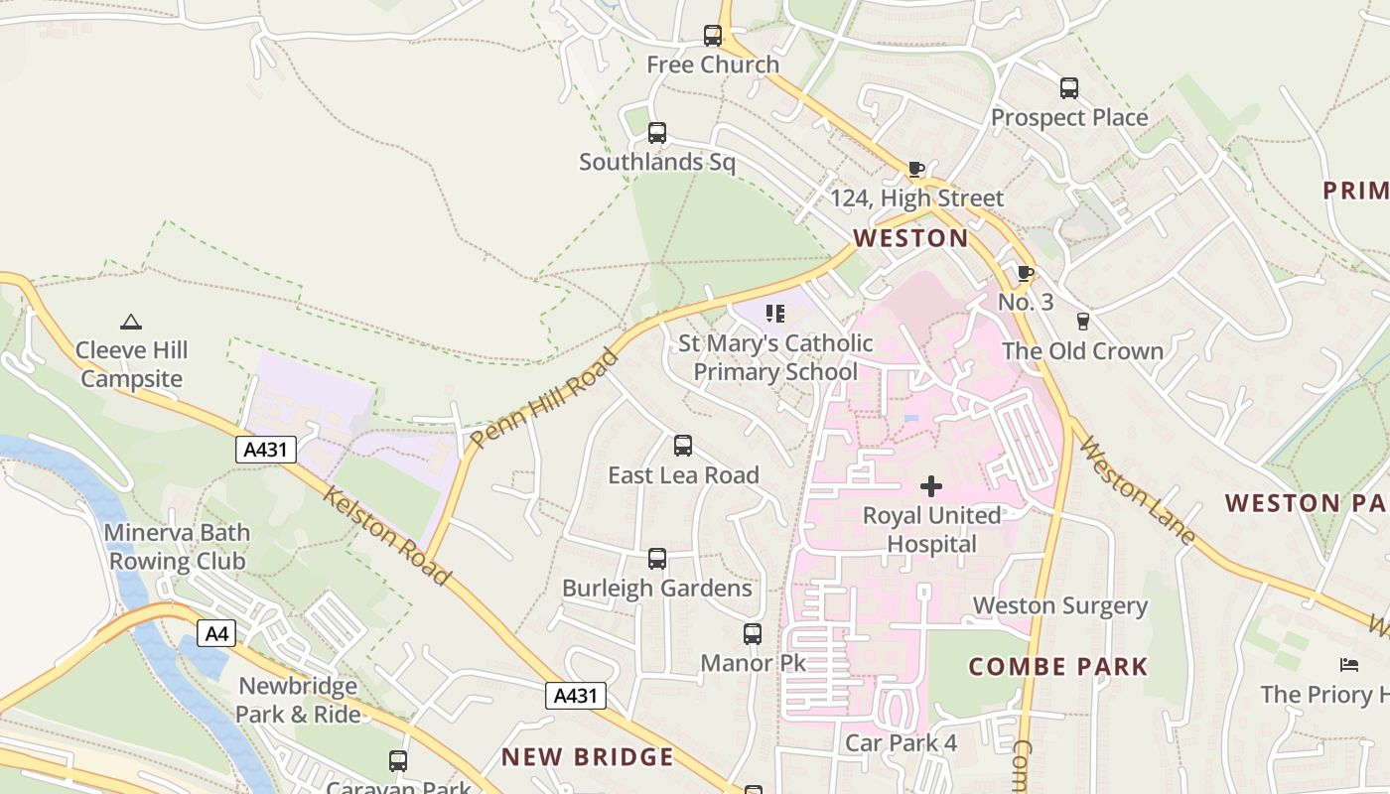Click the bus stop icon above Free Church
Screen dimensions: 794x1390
[713, 36]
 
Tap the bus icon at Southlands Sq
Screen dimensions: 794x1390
[656, 133]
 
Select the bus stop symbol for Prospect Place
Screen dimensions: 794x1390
[1068, 88]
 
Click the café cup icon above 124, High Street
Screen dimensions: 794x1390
[915, 170]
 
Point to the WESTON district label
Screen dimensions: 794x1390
[910, 238]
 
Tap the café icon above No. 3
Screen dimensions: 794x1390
[1025, 273]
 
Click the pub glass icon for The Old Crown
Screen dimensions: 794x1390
[1082, 322]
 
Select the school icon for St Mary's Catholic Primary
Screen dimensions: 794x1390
[775, 315]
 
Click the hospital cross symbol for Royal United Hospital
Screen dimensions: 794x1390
[931, 486]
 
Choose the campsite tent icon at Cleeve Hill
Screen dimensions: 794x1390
[130, 322]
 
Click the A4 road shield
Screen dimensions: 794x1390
[216, 633]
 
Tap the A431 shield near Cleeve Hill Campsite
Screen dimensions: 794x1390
[266, 450]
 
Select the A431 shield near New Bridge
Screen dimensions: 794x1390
[576, 696]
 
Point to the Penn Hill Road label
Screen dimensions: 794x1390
[545, 398]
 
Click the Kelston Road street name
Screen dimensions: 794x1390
[387, 536]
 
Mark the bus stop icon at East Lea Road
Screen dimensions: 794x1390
[682, 446]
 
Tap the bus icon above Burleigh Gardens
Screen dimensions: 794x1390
[656, 559]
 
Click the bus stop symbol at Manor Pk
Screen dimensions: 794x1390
[752, 633]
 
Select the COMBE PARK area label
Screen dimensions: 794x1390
[1057, 667]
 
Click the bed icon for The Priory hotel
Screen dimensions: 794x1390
[1347, 664]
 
